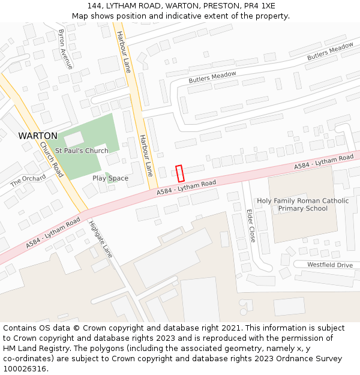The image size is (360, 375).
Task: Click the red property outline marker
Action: click(179, 173)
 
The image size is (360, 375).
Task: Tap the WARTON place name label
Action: click(38, 136)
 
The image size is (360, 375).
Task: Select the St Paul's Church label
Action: click(82, 151)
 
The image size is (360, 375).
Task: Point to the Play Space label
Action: click(110, 178)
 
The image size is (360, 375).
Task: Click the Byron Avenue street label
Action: click(65, 49)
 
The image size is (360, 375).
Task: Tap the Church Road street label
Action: click(52, 159)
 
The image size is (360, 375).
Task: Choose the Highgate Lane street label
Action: click(100, 239)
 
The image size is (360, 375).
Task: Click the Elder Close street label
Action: click(251, 226)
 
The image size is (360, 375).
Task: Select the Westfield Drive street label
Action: click(330, 265)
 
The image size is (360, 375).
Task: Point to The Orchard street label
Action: click(28, 179)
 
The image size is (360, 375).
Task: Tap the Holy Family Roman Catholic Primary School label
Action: click(302, 205)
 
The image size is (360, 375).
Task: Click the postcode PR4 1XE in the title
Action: click(260, 6)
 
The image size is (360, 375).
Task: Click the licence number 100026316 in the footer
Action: click(26, 368)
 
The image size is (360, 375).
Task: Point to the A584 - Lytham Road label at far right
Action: click(323, 161)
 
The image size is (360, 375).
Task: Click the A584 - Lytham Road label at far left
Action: click(53, 233)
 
